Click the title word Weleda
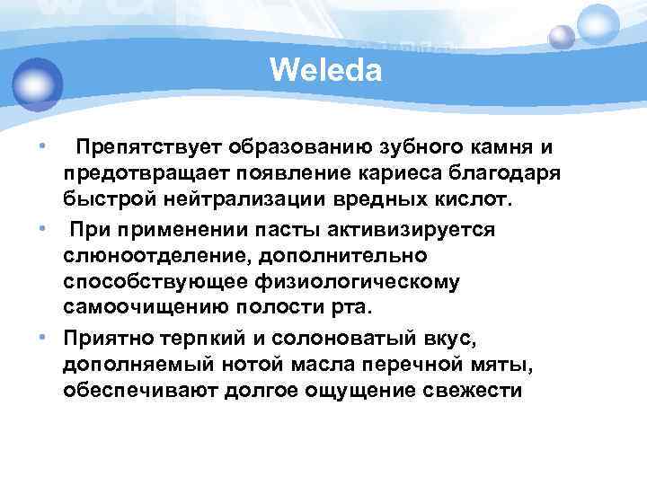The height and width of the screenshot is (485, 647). point(325,68)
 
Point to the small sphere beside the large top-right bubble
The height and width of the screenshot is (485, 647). point(562,37)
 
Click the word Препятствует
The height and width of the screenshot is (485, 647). point(151,145)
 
